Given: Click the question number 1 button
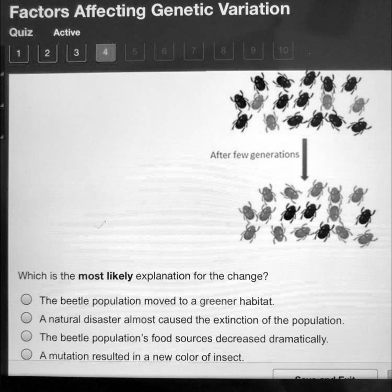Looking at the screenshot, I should [19, 53].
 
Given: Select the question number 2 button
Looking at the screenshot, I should [48, 53].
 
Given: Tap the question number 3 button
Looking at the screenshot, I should [76, 53].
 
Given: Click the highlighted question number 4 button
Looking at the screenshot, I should [106, 53].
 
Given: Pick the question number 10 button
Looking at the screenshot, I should [283, 52].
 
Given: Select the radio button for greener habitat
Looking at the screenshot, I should [27, 300].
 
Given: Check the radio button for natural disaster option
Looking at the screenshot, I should [27, 318].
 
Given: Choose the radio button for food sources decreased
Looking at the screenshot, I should [27, 337].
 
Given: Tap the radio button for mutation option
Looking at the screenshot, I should [27, 355].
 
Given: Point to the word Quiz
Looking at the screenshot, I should [21, 32].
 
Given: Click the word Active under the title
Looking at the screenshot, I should [67, 32].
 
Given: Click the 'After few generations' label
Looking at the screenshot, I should [255, 155].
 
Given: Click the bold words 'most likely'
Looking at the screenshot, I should [105, 276].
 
